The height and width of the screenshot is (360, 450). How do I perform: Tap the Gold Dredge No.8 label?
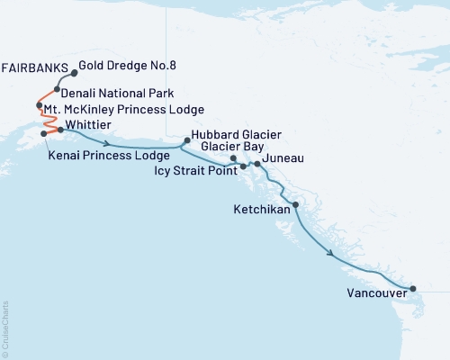click(121, 66)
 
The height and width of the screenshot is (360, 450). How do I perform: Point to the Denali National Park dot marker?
click(56, 90)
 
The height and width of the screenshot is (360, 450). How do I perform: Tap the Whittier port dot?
click(61, 130)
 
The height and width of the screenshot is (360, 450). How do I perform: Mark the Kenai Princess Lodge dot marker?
click(43, 134)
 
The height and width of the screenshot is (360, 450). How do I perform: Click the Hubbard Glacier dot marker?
click(186, 139)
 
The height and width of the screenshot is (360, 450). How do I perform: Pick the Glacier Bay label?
click(232, 146)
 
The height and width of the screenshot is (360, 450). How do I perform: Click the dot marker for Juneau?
click(257, 164)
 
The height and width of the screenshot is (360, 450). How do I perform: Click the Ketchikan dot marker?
click(296, 206)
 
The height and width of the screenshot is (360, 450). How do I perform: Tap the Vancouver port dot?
click(413, 289)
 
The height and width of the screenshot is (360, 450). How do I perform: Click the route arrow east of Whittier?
click(108, 143)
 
